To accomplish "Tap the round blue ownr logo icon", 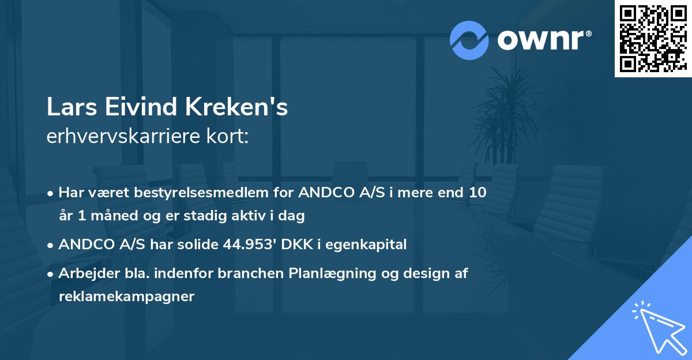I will pos(469,40).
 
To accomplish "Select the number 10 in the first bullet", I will pos(477,193).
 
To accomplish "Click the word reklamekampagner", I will pos(126,297).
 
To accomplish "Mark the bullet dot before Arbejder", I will pos(51,274).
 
